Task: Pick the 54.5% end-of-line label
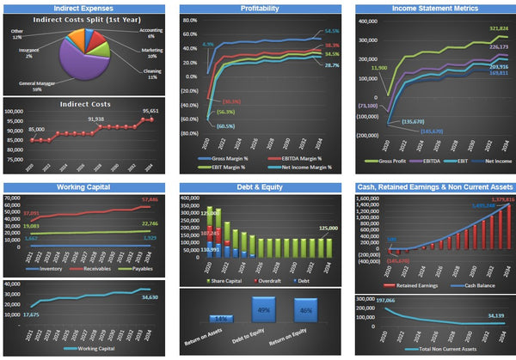pyautogui.click(x=332, y=32)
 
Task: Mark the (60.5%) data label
pyautogui.click(x=225, y=126)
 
